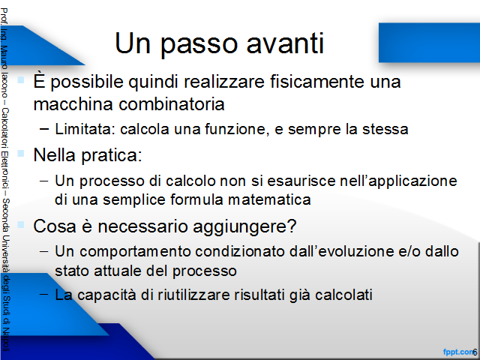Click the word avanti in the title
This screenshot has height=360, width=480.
click(285, 43)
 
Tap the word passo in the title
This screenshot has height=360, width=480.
click(199, 46)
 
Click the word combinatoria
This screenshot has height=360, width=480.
click(172, 104)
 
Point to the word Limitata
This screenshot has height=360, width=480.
click(85, 129)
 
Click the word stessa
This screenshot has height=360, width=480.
click(385, 129)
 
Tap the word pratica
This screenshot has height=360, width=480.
click(112, 156)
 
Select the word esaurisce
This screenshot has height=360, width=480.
click(301, 181)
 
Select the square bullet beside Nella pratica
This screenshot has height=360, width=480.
click(21, 153)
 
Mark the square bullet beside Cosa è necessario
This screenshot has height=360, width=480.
click(21, 224)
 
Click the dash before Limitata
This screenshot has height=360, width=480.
click(44, 129)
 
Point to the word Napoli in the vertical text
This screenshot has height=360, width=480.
click(6, 340)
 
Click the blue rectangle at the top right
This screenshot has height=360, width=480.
click(429, 43)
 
